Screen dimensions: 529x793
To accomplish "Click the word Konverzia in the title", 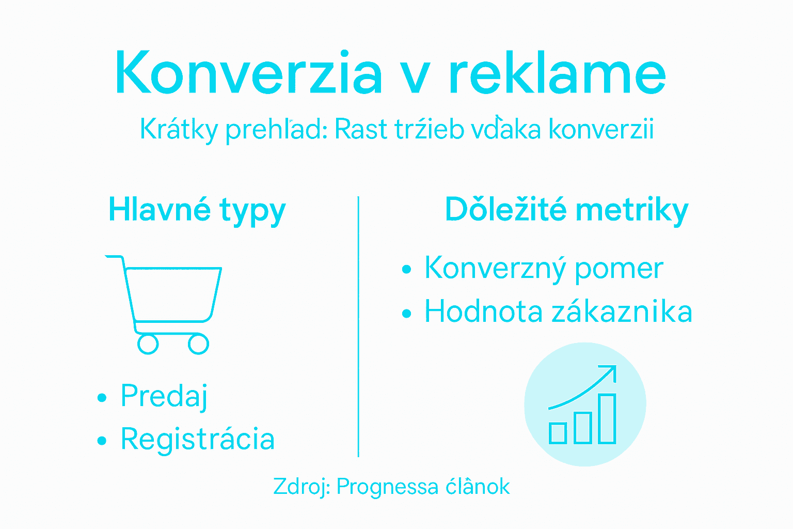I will tap(248, 73).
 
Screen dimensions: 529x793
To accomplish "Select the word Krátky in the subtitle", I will tap(179, 129).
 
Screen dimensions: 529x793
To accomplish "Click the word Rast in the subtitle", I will tap(361, 129).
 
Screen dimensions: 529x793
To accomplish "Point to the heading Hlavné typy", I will tap(197, 210).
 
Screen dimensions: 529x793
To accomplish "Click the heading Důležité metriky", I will tap(566, 210).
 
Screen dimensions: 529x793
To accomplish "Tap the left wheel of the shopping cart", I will tap(148, 344).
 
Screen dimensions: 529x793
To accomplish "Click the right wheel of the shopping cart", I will tap(198, 344).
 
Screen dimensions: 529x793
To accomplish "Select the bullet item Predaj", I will tap(164, 396).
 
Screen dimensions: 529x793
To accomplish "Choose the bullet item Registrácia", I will tap(197, 440).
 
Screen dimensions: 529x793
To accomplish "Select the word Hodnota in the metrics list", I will tap(483, 312).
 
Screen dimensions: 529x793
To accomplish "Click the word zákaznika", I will tap(622, 312).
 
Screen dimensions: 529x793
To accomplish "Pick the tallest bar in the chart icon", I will tap(607, 419).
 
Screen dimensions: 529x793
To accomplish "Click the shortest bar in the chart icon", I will tap(558, 433).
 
